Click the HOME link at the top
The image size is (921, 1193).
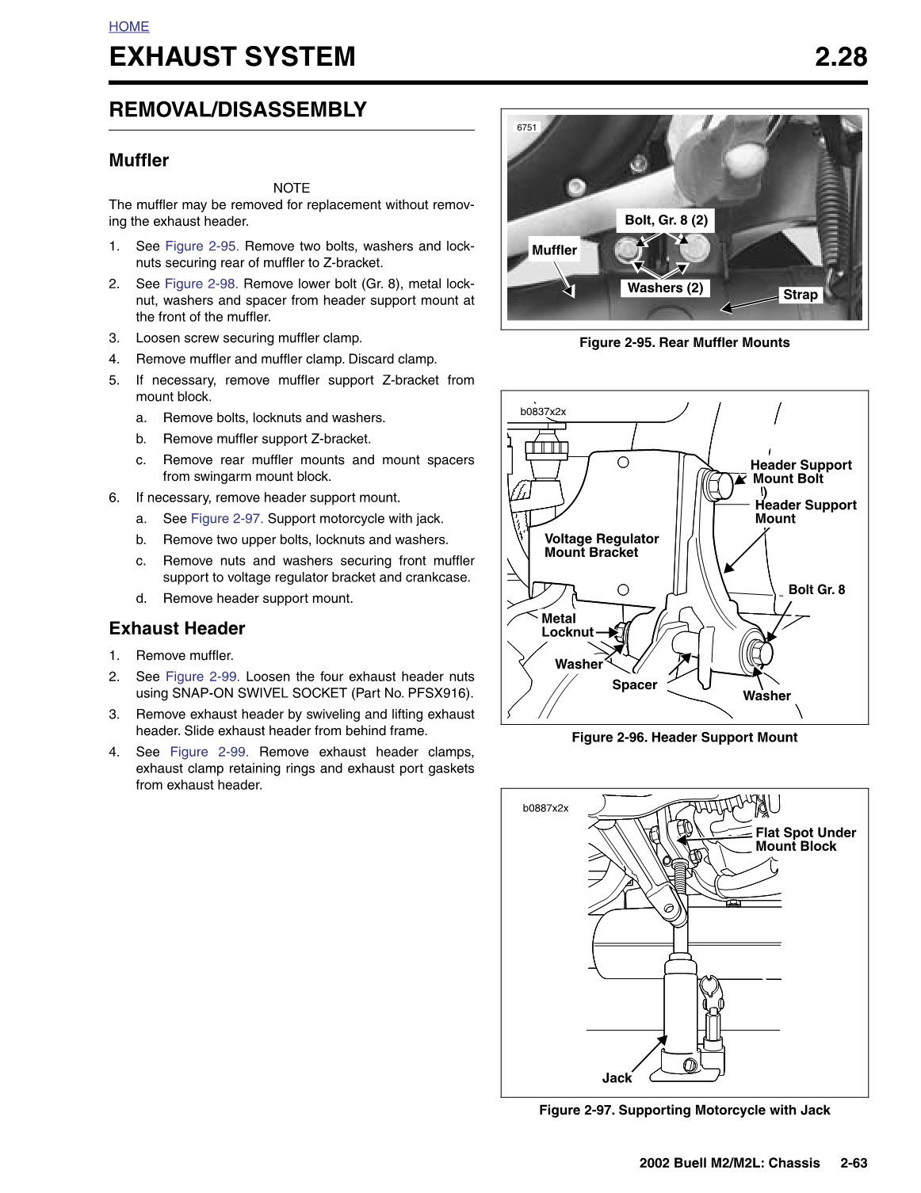click(x=129, y=27)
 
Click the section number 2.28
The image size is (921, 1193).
click(x=840, y=57)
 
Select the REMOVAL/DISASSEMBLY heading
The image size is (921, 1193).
click(x=238, y=110)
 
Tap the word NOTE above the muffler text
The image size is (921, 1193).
click(x=291, y=188)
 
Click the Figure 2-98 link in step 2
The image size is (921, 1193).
click(x=201, y=284)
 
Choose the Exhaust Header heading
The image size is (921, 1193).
click(x=177, y=628)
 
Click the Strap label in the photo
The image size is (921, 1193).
click(x=800, y=295)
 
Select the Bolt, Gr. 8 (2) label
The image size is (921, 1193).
click(x=666, y=220)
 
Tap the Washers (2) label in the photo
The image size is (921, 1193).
click(x=665, y=288)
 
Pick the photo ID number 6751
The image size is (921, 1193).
click(x=526, y=128)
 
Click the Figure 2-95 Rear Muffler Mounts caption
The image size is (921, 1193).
click(x=684, y=342)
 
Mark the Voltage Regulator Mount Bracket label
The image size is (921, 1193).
click(x=601, y=546)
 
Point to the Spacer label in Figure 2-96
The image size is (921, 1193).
click(x=634, y=684)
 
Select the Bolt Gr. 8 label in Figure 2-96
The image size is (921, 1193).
click(x=816, y=589)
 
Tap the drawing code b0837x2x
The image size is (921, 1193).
click(x=543, y=412)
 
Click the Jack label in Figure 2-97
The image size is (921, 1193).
click(x=617, y=1077)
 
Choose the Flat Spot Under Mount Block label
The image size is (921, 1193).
click(x=805, y=840)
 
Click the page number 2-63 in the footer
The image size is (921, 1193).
click(x=854, y=1163)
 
